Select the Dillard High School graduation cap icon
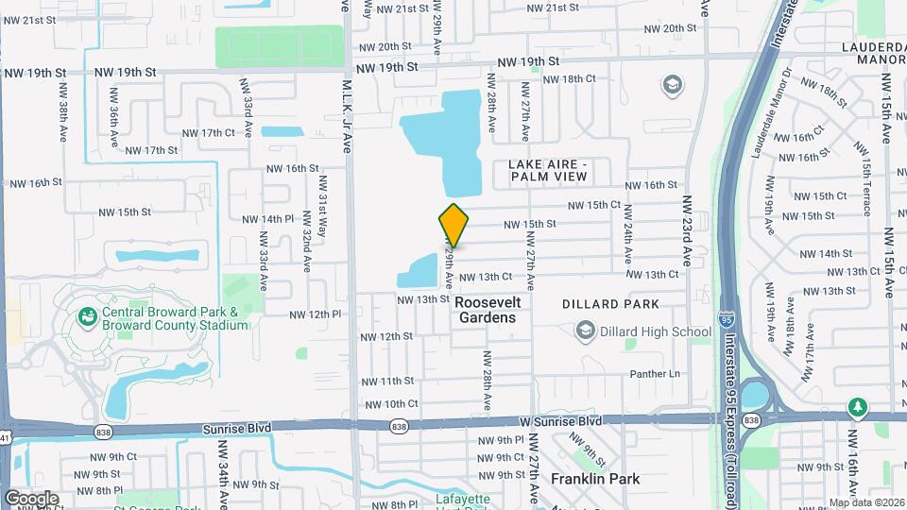click(586, 331)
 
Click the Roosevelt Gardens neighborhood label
click(486, 310)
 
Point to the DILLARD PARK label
click(610, 304)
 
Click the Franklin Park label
click(595, 479)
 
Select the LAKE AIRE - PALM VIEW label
click(548, 170)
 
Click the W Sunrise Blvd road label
click(559, 419)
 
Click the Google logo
click(31, 498)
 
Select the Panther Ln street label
click(656, 374)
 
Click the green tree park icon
click(858, 407)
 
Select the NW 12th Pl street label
click(315, 314)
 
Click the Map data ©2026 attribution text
click(865, 502)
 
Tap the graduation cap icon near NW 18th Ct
click(673, 86)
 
